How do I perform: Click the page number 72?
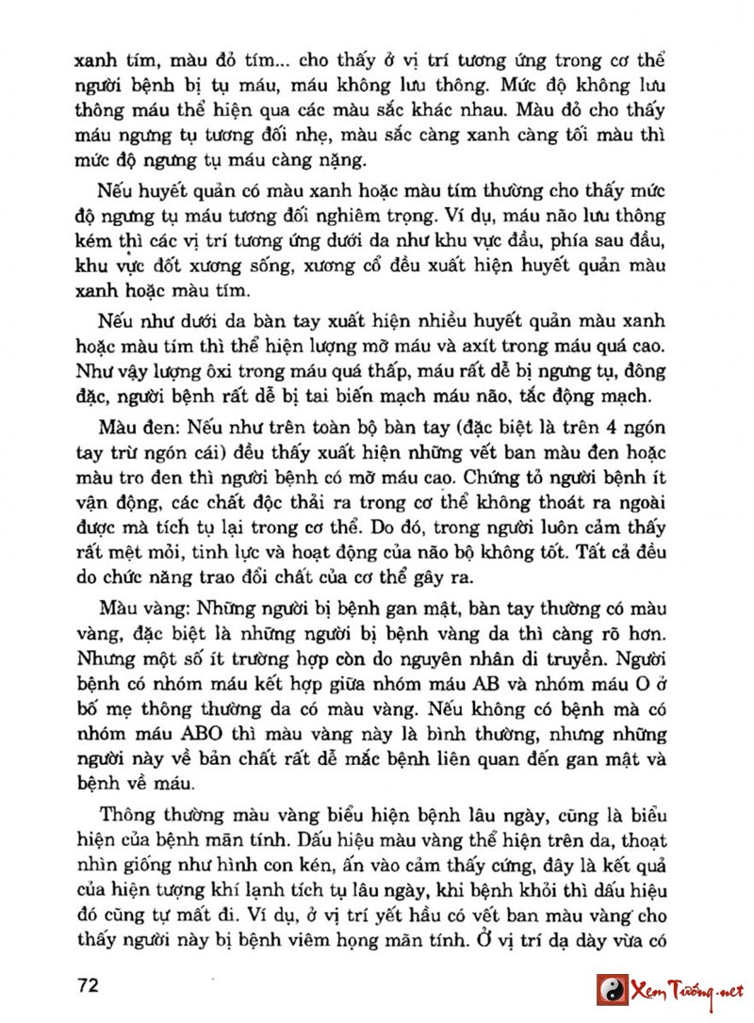89,985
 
